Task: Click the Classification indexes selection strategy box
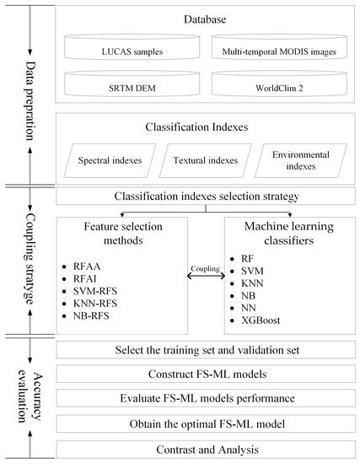[201, 197]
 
